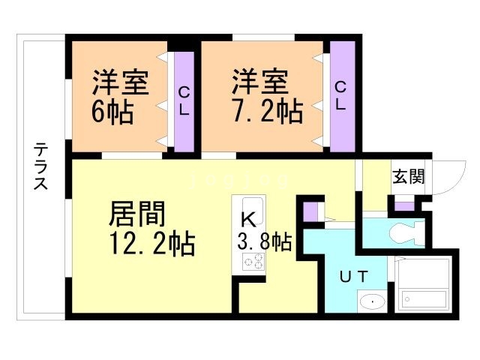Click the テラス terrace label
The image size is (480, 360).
41,167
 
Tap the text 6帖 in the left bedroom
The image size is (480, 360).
112,112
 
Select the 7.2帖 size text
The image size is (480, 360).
266,112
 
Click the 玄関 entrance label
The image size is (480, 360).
408,177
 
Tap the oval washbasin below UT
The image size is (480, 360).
370,301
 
